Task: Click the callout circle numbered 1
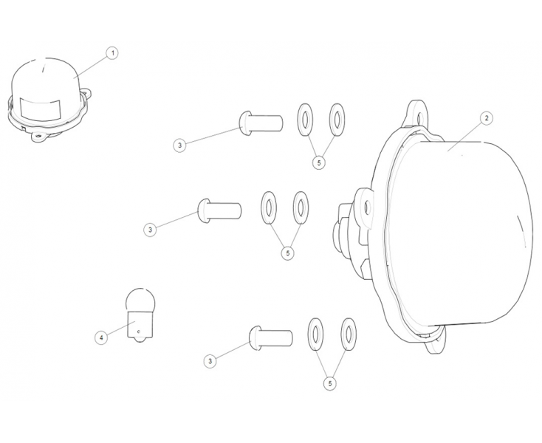[x=112, y=54]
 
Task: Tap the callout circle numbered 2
[x=487, y=118]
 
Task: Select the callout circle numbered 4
[x=101, y=337]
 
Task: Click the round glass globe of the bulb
[x=140, y=299]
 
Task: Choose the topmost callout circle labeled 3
[x=179, y=145]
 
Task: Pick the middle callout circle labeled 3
[x=150, y=230]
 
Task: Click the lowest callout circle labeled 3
[x=210, y=362]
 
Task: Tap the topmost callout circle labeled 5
[x=319, y=162]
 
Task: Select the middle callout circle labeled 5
[x=287, y=253]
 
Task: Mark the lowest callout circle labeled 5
[x=330, y=383]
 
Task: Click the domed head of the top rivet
[x=245, y=123]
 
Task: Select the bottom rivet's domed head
[x=255, y=338]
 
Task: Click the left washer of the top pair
[x=305, y=119]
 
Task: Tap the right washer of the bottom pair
[x=349, y=334]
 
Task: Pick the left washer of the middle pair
[x=269, y=207]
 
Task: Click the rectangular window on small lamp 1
[x=41, y=109]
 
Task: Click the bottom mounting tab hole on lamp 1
[x=38, y=136]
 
